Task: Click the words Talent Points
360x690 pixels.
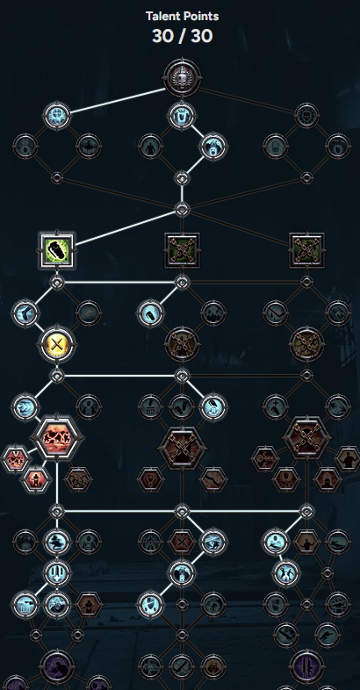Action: [x=183, y=17]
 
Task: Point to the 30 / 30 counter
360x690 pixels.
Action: [x=183, y=36]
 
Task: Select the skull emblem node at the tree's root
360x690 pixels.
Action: [x=183, y=78]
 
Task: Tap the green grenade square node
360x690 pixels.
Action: [x=57, y=250]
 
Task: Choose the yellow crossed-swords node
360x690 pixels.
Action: [x=57, y=344]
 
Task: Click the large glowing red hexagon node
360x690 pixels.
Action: [x=57, y=438]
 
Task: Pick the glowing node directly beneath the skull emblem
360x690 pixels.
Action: [x=183, y=115]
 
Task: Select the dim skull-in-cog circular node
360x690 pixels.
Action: [x=306, y=115]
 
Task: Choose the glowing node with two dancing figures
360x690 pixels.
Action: [x=286, y=573]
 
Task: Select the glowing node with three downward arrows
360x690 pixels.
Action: [x=57, y=573]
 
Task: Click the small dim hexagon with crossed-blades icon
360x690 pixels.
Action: [x=182, y=542]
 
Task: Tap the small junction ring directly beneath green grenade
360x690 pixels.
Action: [x=57, y=282]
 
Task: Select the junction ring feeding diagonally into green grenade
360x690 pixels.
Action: [x=183, y=210]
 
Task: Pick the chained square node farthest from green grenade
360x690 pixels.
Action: [x=306, y=250]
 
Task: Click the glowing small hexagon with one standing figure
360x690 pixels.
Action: [x=37, y=479]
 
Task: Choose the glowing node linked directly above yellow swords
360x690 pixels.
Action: [x=25, y=313]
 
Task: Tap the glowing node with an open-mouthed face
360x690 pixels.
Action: [x=214, y=147]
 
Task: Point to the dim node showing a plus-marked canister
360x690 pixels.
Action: [x=276, y=406]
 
